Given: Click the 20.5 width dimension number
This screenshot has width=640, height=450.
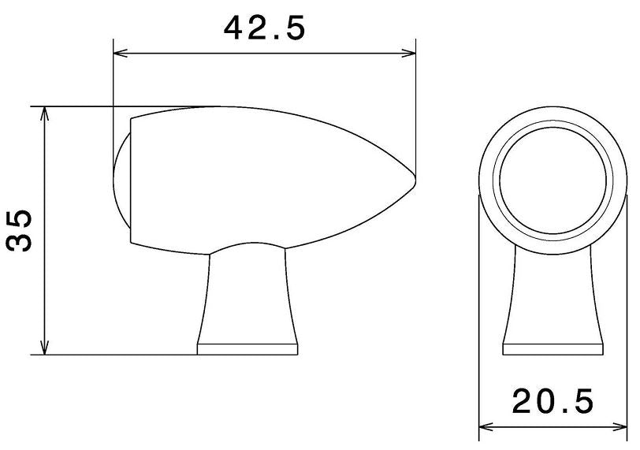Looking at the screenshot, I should tap(553, 403).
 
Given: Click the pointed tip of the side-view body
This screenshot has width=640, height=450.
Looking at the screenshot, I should tap(415, 180).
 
